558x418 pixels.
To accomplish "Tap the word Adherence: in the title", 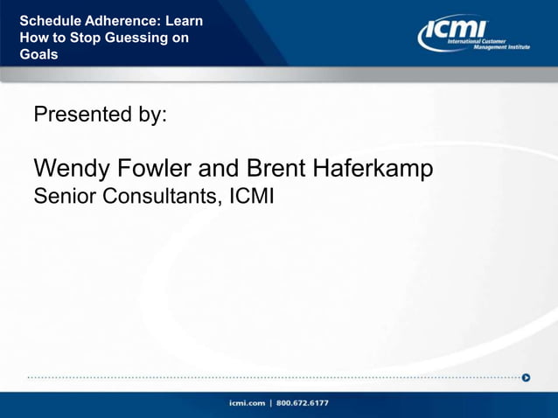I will click(123, 21).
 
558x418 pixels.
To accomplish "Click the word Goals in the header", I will click(39, 54).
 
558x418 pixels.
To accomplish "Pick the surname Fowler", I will click(159, 168).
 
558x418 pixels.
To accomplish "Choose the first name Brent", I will click(276, 168).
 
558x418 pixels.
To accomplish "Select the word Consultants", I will click(162, 197).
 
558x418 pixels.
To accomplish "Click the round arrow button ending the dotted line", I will click(526, 378).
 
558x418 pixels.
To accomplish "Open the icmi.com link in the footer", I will click(248, 403).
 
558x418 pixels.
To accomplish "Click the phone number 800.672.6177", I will click(303, 403).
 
